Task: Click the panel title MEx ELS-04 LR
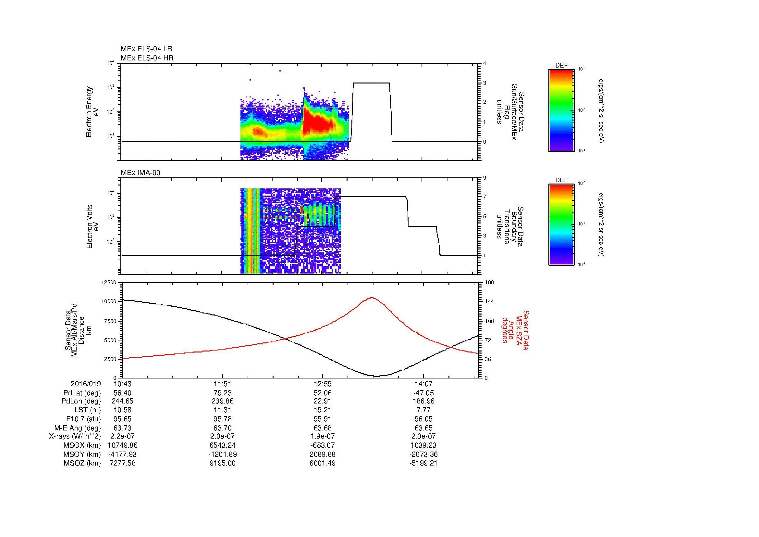point(146,49)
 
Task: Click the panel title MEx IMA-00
point(140,173)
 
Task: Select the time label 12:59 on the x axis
point(322,384)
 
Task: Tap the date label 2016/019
point(86,384)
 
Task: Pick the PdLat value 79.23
point(223,393)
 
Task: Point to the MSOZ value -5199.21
point(423,463)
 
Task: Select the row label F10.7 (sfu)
point(83,419)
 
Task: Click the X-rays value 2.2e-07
point(122,436)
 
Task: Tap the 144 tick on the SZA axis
point(489,301)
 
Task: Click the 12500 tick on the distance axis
point(108,283)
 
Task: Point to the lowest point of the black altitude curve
point(377,376)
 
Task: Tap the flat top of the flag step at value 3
point(371,83)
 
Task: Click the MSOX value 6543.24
point(223,445)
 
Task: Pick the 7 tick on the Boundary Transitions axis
point(484,197)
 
